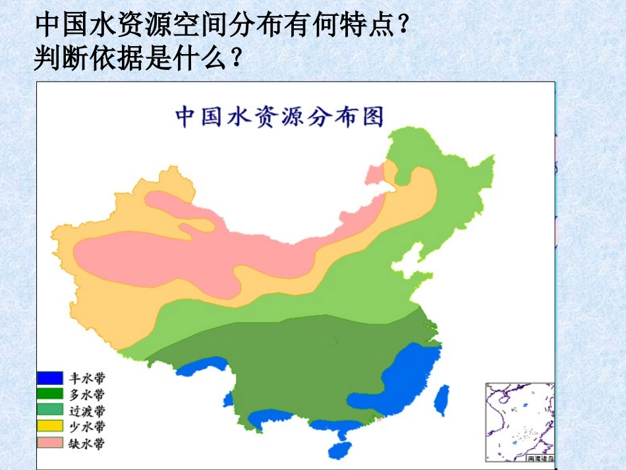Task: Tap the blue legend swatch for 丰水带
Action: [49, 378]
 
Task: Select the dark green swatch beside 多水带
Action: [49, 394]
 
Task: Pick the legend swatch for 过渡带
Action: [49, 410]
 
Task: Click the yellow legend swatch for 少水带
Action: [49, 426]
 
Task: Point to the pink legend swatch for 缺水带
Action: [49, 443]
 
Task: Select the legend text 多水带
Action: [86, 394]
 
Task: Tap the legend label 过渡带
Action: [86, 410]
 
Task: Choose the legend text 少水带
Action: [86, 426]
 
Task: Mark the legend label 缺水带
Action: [86, 443]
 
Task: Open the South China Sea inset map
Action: [519, 422]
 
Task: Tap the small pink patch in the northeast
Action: [374, 175]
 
